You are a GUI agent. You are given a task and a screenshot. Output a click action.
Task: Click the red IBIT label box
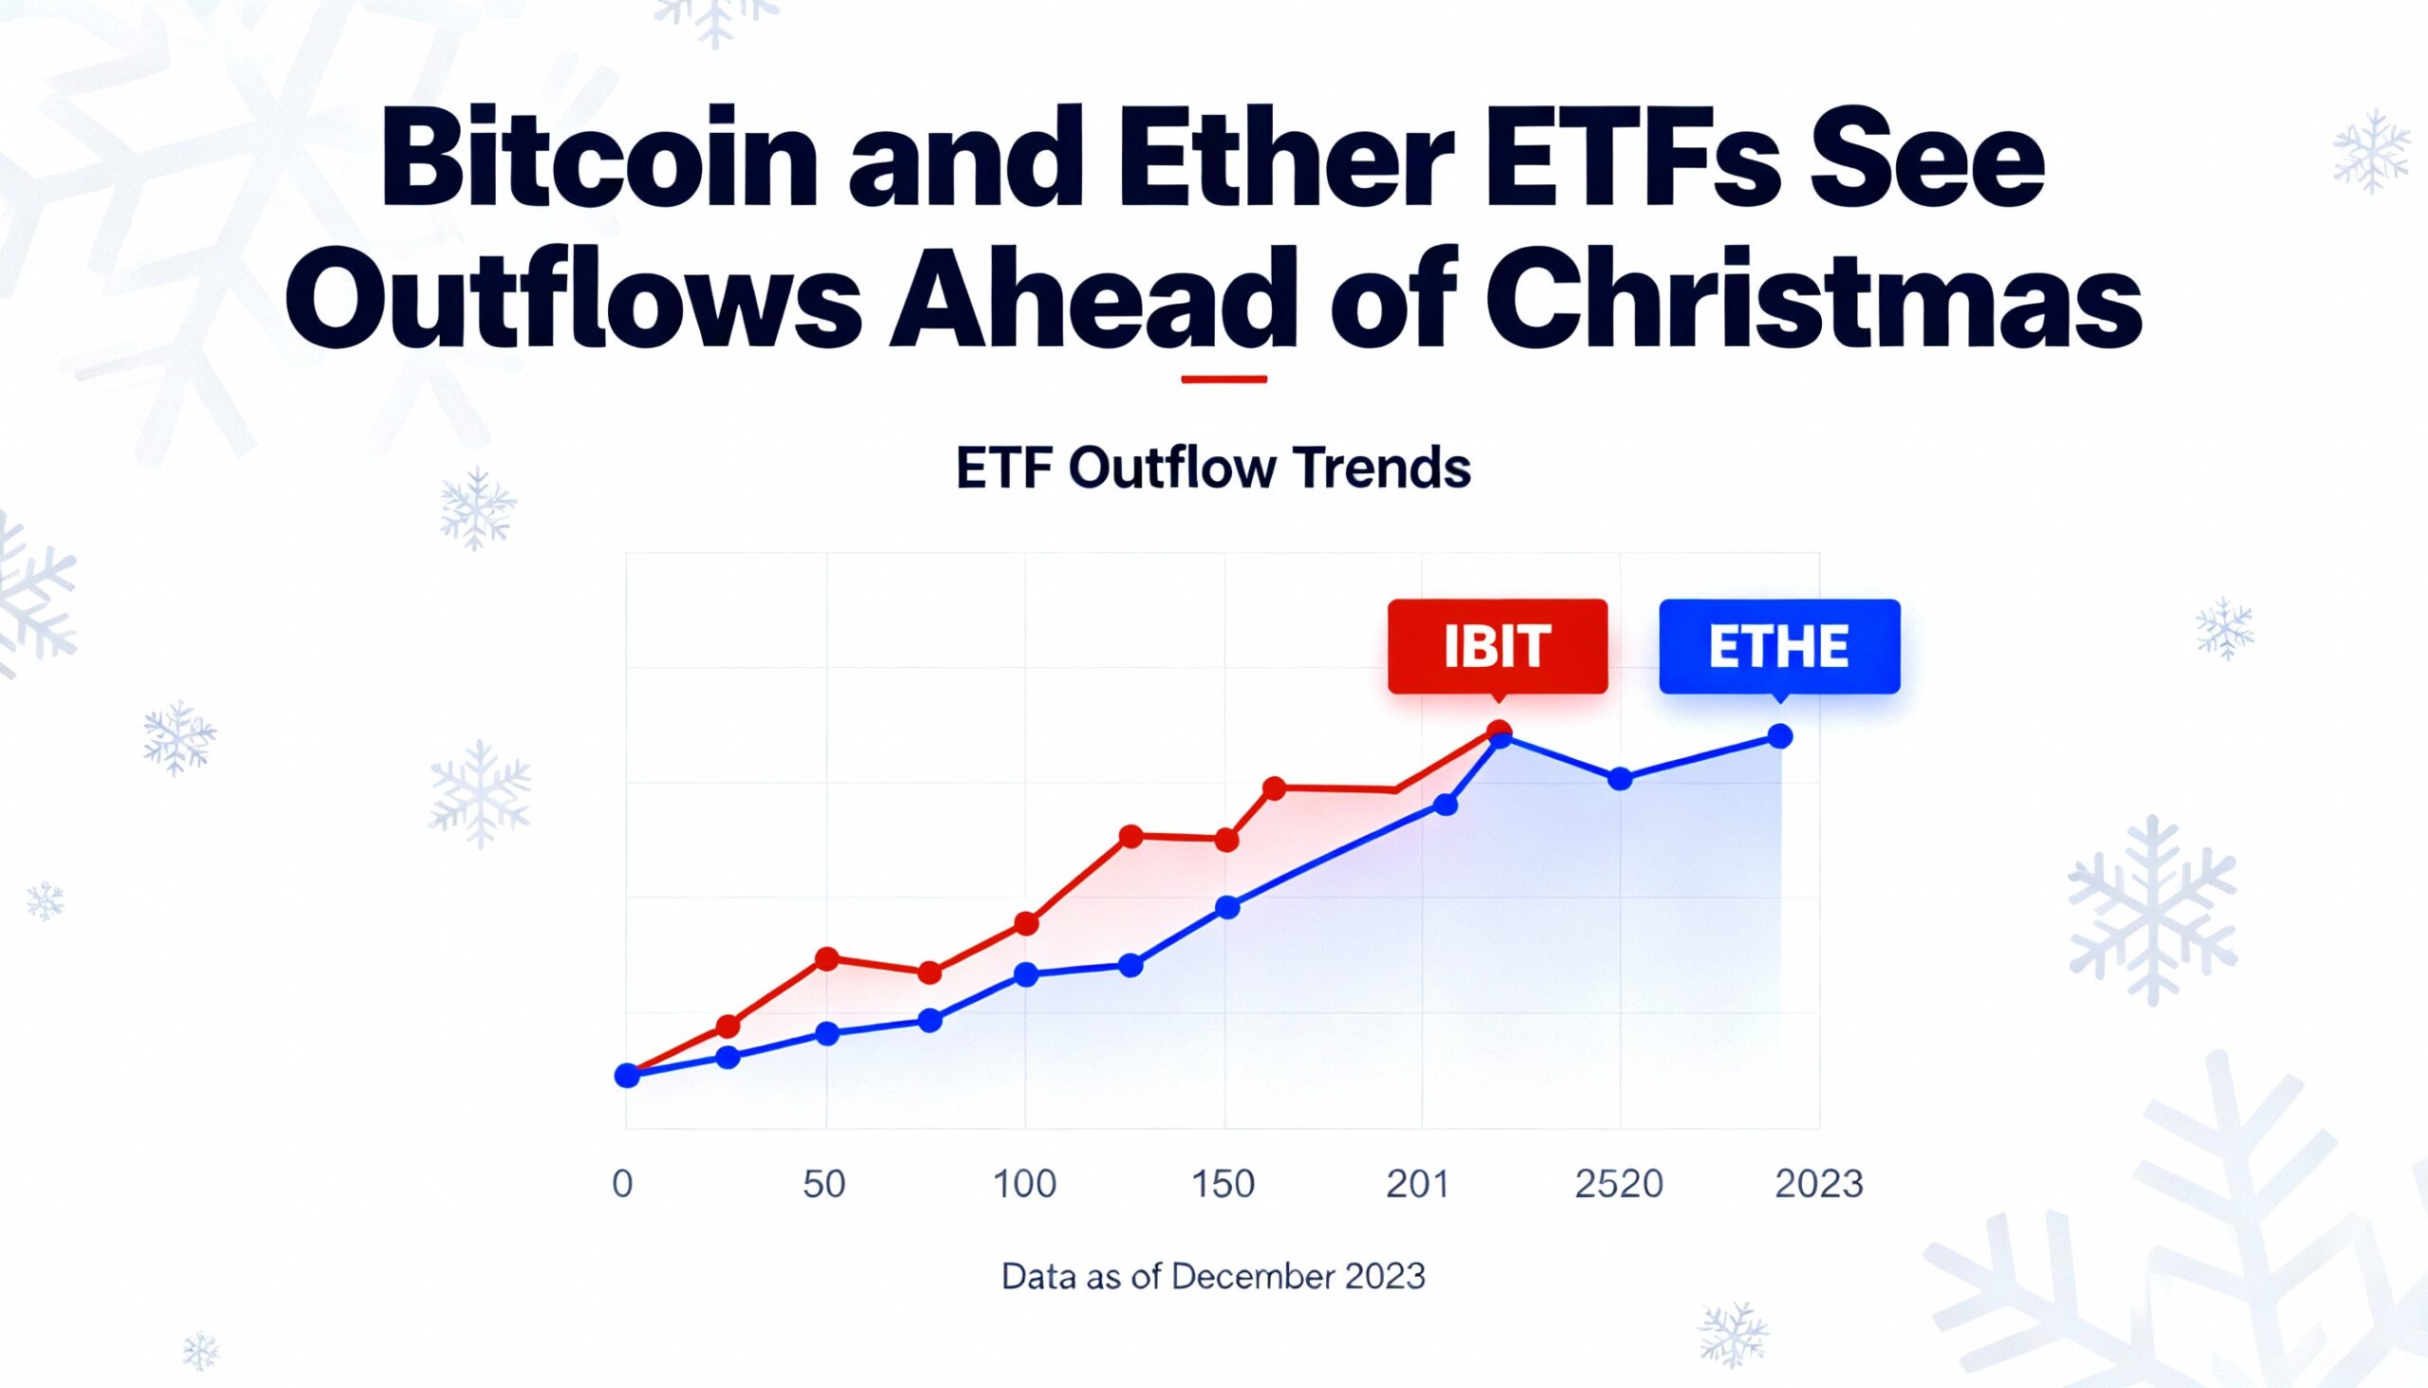point(1497,646)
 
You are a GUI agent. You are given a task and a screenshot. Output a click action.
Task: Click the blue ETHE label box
point(1779,646)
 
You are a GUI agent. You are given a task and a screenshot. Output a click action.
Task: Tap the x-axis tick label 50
point(824,1184)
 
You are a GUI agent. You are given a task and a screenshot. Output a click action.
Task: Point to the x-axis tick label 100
point(1024,1184)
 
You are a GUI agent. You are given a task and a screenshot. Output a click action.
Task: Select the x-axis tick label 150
point(1223,1184)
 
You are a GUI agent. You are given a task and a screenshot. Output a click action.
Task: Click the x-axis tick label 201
point(1418,1184)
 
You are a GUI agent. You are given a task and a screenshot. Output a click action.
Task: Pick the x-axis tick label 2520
point(1619,1184)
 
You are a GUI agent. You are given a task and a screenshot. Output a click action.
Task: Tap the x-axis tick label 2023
point(1819,1184)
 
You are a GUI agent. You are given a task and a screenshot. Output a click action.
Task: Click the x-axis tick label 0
point(622,1184)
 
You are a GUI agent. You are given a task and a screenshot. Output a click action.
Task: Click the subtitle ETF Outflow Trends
point(1213,469)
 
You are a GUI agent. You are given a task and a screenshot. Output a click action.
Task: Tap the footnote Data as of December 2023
point(1213,1275)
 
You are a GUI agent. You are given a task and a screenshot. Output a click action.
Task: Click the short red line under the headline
point(1223,379)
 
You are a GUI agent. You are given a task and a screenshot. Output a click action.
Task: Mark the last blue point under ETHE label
point(1780,736)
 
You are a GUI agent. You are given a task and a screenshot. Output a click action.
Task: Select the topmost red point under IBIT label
point(1499,731)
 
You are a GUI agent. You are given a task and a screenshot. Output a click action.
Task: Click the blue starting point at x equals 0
point(627,1075)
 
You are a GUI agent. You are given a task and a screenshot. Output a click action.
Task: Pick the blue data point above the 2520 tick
point(1620,779)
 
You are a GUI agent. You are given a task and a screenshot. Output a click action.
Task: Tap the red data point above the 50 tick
point(827,958)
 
